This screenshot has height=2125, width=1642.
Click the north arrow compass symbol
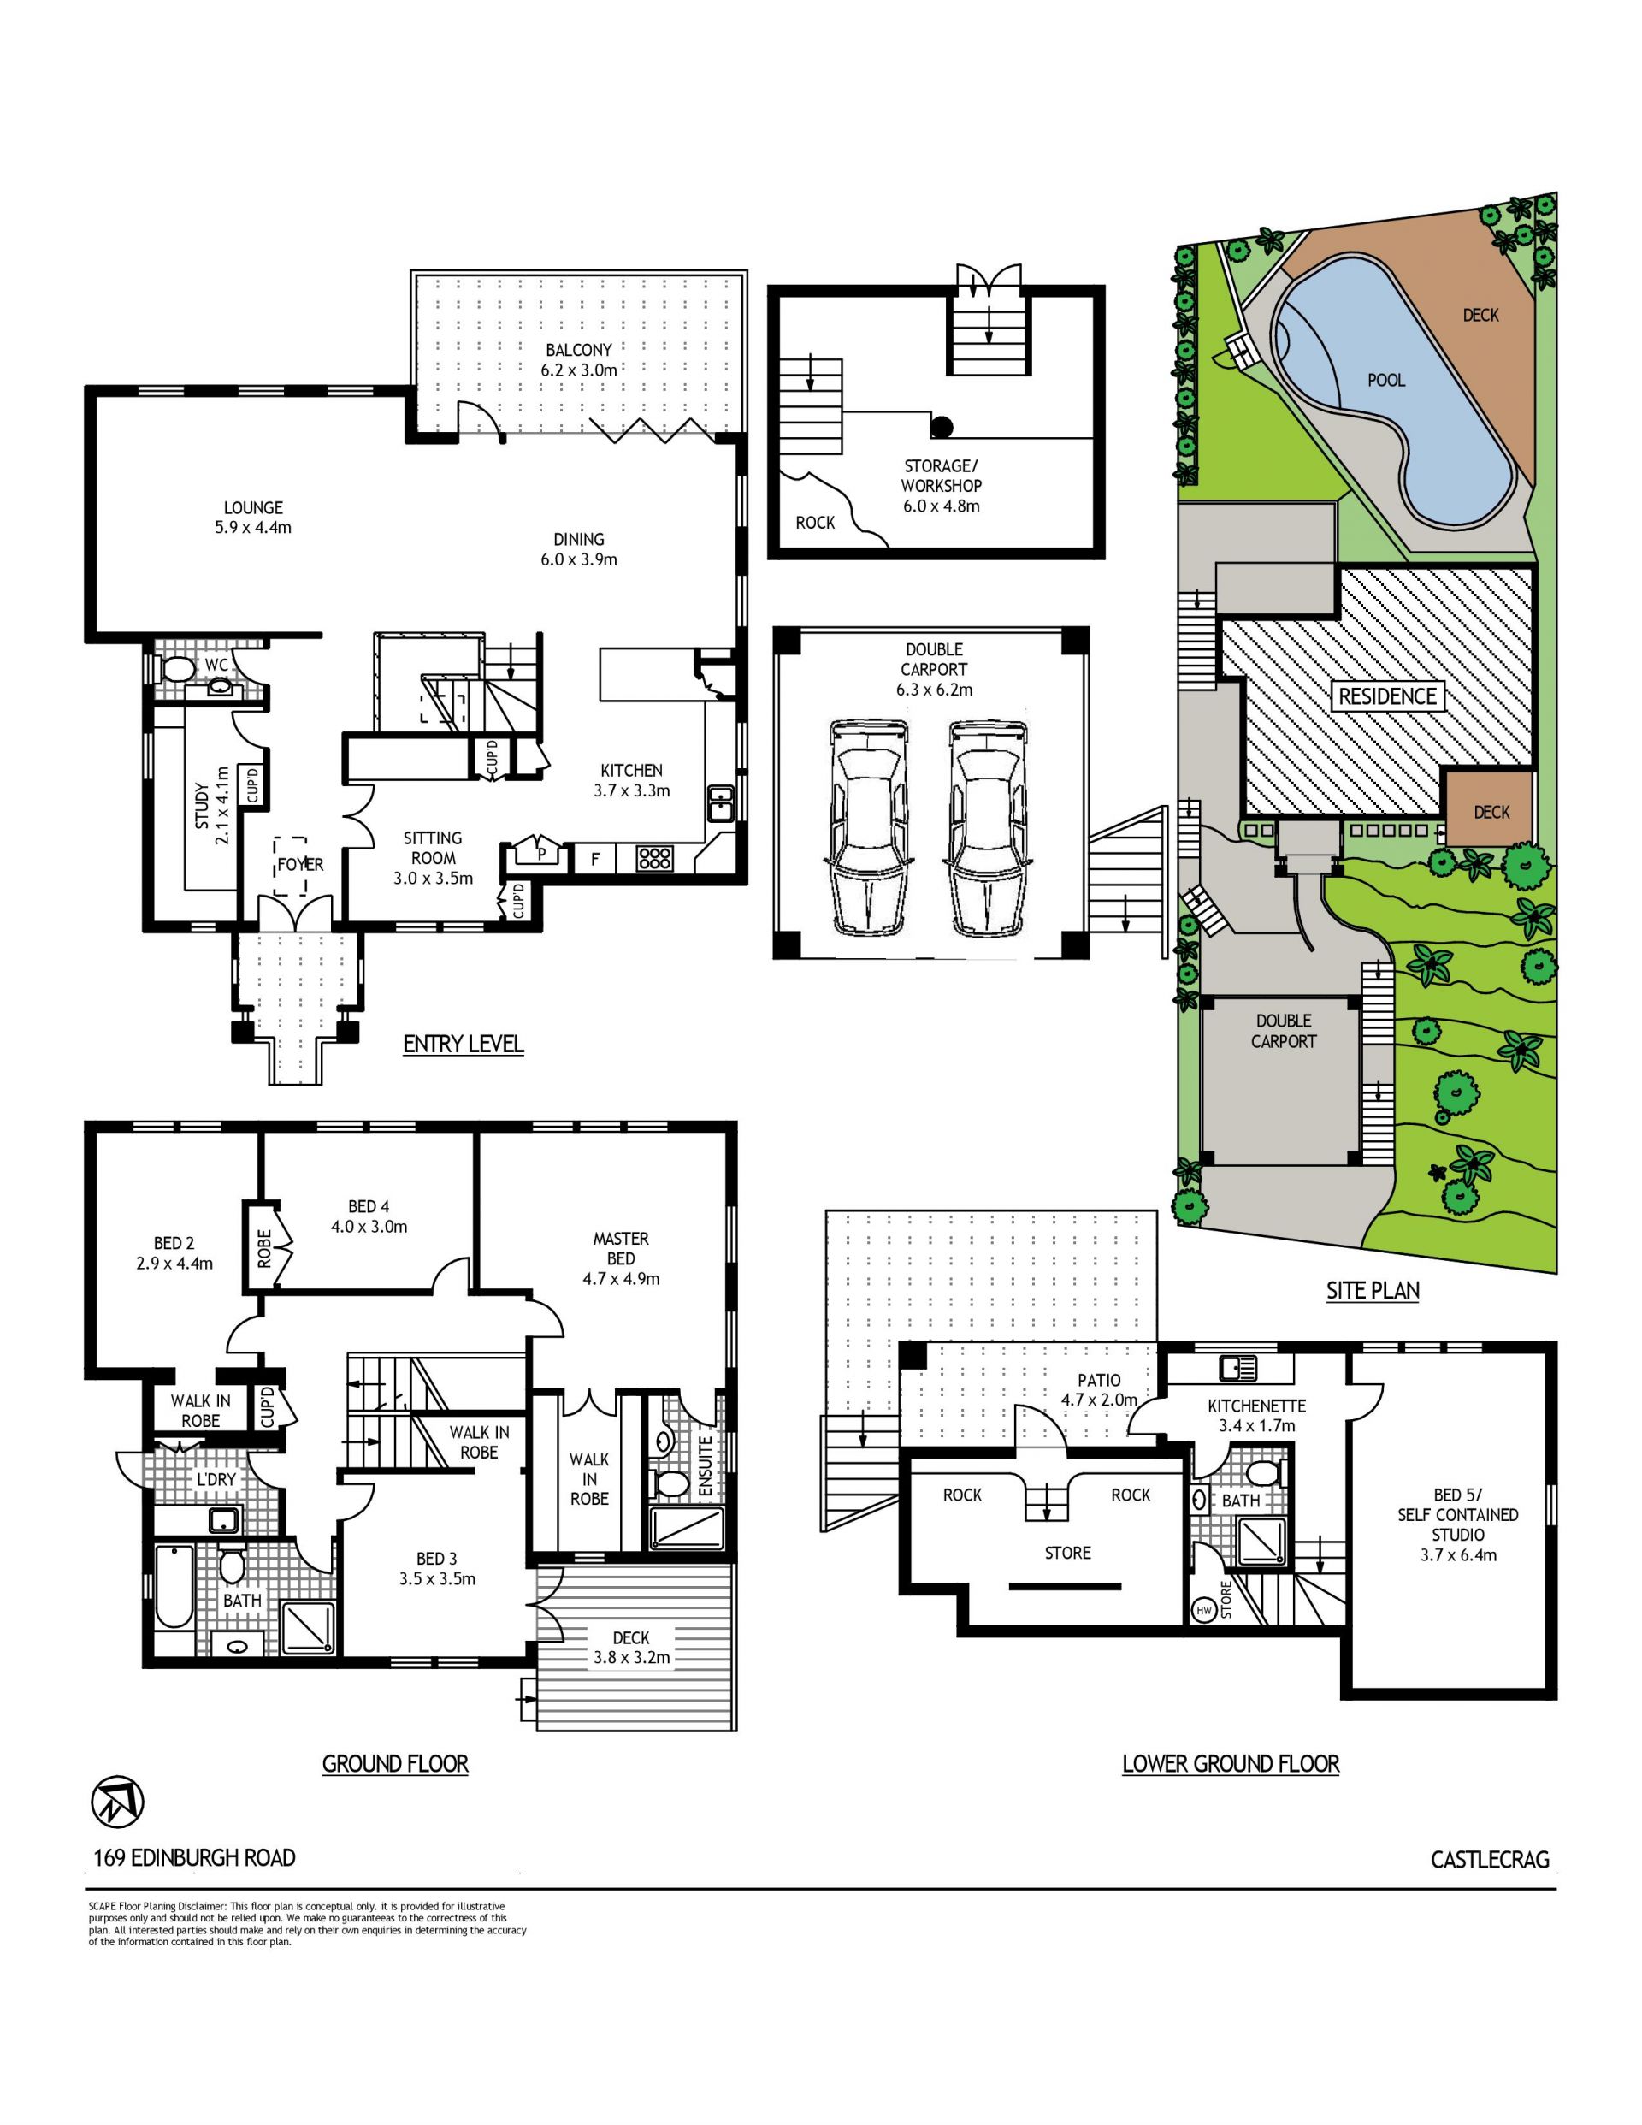118,1801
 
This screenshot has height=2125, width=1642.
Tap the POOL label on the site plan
1386,381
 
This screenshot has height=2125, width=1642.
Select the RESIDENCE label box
1387,696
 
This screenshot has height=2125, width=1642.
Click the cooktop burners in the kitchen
654,858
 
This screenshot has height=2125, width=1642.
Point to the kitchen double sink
721,803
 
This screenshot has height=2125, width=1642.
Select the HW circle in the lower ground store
1204,1611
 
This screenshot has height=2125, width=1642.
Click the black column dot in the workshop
942,426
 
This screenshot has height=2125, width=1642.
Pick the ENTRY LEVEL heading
463,1044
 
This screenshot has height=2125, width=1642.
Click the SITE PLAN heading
1373,1291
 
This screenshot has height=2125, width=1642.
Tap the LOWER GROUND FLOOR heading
1231,1764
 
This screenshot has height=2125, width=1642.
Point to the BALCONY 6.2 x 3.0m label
579,360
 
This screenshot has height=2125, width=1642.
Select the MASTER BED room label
621,1259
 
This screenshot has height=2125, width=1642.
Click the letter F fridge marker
595,859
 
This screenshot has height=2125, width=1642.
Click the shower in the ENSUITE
687,1530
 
